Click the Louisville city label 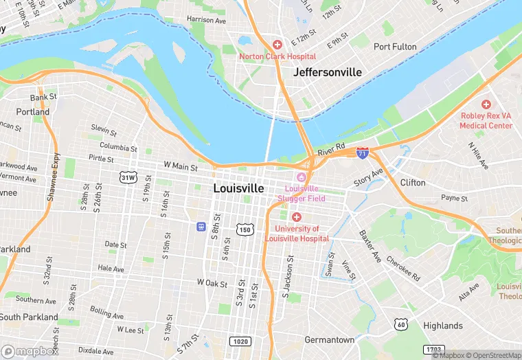[238, 188]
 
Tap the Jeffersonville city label [327, 71]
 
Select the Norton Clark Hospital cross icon [277, 44]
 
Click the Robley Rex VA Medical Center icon [486, 104]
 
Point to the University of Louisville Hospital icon [296, 217]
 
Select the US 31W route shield [128, 177]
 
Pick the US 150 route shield [245, 229]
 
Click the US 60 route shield [400, 324]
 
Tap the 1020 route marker [240, 341]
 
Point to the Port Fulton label [395, 47]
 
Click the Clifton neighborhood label [413, 183]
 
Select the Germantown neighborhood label [330, 339]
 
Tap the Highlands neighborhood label [442, 326]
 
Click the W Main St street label [181, 166]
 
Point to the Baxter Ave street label [370, 246]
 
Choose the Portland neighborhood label [33, 111]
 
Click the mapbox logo [30, 350]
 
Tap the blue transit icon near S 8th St [200, 225]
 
